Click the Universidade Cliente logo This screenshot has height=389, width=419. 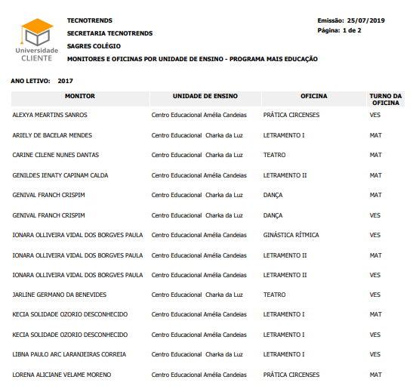36,40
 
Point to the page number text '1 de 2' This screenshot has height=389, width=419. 352,30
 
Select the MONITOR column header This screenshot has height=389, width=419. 79,97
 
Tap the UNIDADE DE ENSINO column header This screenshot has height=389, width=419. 205,97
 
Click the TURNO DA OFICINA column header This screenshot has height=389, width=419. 385,100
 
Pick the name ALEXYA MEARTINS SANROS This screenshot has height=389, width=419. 50,116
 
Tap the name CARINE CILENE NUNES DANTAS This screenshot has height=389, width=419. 56,155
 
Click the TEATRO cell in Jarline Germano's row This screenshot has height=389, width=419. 275,295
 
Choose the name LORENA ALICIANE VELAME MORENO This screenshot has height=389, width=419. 62,375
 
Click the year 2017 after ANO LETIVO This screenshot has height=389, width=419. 65,80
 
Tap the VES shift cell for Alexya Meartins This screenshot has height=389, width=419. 375,116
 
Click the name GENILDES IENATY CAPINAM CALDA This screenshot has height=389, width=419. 60,175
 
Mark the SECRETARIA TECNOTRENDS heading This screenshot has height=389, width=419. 109,33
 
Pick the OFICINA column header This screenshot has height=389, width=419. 313,97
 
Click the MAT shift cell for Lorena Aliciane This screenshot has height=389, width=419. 375,375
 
